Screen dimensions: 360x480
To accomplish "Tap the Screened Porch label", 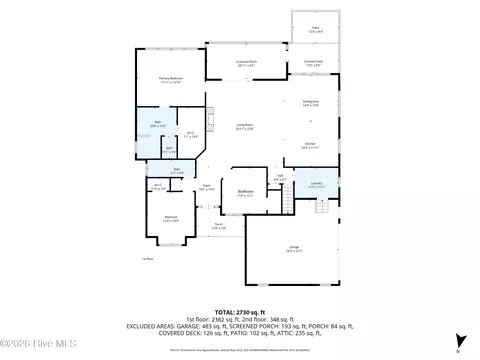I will (246, 63).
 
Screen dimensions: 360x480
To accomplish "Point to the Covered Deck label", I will (312, 63).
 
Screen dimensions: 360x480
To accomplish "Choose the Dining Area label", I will (310, 102).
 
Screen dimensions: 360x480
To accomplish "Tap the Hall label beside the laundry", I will (281, 179).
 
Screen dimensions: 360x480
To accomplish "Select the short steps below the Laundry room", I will (322, 206).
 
